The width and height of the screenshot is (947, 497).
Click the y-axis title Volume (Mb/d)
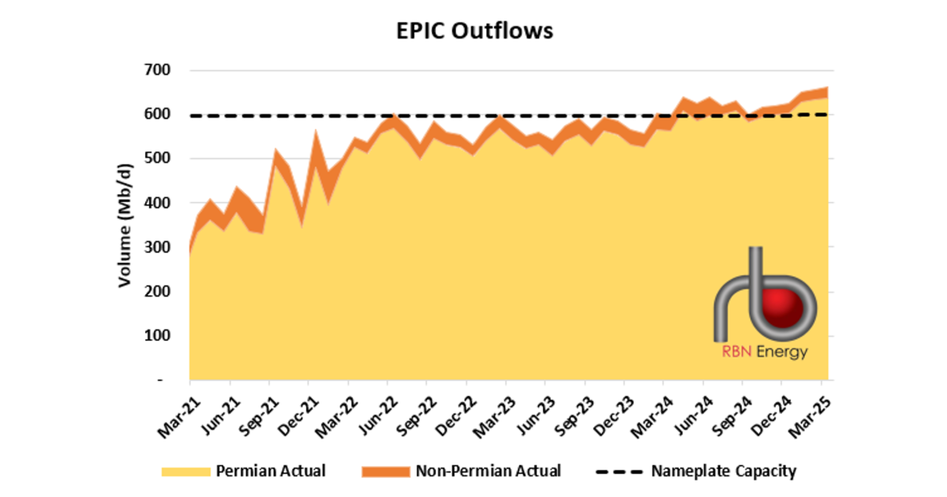pyautogui.click(x=125, y=225)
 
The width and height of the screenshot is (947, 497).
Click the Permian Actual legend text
pyautogui.click(x=270, y=471)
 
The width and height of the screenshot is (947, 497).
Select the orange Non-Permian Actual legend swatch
pyautogui.click(x=385, y=471)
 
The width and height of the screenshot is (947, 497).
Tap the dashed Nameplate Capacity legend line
pyautogui.click(x=618, y=471)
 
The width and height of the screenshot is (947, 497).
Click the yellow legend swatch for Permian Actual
pyautogui.click(x=186, y=471)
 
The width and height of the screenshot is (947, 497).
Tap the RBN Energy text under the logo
pyautogui.click(x=764, y=352)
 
